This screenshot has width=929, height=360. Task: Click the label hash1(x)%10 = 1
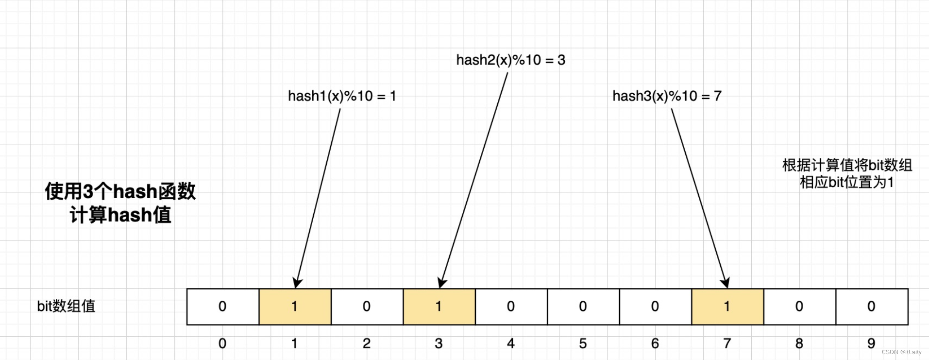point(342,96)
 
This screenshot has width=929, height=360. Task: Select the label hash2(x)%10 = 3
point(510,60)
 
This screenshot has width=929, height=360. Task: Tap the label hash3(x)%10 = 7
point(667,96)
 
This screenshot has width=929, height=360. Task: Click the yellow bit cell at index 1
point(295,307)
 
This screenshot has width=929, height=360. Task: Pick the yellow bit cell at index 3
point(439,307)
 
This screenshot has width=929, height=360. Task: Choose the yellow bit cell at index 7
point(727,307)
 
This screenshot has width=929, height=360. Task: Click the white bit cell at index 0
point(223,307)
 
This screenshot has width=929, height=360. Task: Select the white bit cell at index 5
point(583,307)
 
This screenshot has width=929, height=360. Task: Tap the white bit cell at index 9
point(872,307)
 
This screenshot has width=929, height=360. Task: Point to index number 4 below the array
point(511,343)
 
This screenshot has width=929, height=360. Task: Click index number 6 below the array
point(655,343)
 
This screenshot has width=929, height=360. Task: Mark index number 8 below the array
point(799,343)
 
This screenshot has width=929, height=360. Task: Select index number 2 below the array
point(367,343)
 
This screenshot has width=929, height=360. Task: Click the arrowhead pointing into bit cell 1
point(297,283)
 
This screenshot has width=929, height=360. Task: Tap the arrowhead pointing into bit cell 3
point(441,283)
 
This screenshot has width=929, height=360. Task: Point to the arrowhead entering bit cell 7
point(725,283)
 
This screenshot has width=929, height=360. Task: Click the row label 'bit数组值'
point(66,306)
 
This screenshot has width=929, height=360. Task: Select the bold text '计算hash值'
point(120,215)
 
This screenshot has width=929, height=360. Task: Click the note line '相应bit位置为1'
point(846,183)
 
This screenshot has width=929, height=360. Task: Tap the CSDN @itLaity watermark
point(901,352)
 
